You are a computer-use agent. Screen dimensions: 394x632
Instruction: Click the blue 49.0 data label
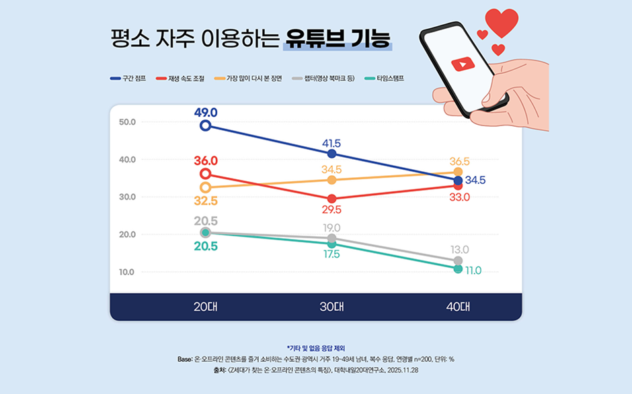tap(206, 112)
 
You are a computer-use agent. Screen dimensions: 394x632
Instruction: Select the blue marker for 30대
tap(331, 154)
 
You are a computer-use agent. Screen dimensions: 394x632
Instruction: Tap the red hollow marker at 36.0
tap(206, 174)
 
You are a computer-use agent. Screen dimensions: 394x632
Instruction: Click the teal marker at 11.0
tap(458, 268)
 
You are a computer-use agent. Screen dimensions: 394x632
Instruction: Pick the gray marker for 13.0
tap(458, 260)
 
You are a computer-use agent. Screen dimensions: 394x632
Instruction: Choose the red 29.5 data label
tap(331, 209)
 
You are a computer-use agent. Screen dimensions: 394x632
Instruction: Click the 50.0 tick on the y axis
tap(127, 122)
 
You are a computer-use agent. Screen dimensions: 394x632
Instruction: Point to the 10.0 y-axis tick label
tap(127, 272)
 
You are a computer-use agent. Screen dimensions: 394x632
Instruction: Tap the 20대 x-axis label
tap(205, 307)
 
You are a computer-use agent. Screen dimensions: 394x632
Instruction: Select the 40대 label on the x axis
tap(457, 307)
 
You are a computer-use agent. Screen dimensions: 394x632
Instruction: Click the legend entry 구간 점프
tap(128, 79)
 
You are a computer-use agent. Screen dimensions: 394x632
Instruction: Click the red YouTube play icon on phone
tap(462, 65)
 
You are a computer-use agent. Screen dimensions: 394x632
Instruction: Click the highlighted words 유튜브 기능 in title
tap(336, 36)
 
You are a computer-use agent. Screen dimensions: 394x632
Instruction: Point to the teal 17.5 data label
tap(331, 254)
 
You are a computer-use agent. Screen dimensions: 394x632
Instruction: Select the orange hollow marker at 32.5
tap(206, 187)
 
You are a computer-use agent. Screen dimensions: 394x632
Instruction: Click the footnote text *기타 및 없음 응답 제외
tap(315, 348)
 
